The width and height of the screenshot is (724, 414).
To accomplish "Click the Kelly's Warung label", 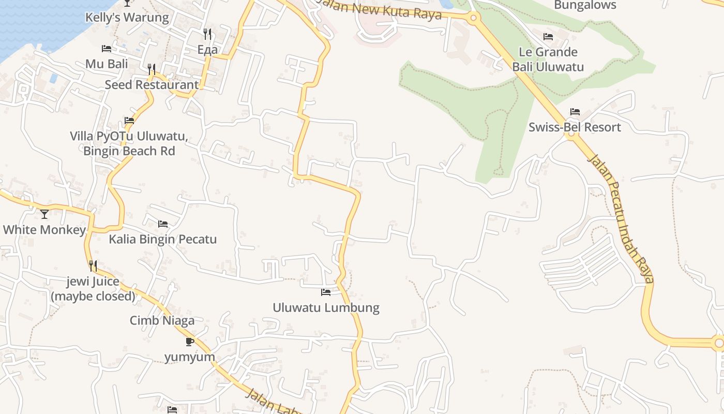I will click(127, 18).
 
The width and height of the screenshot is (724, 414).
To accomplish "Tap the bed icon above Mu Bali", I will click(107, 49).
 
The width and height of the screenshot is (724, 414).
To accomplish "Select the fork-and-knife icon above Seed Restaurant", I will click(152, 68).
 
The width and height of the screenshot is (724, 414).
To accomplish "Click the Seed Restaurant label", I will click(152, 85).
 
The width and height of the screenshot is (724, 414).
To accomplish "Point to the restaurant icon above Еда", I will click(207, 34).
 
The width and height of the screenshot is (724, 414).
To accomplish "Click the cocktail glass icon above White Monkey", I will click(44, 213).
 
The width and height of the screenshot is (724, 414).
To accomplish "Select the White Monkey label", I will click(44, 230).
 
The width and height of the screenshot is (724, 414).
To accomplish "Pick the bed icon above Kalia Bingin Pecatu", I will click(163, 224).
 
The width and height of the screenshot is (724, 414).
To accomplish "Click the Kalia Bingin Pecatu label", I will click(162, 240).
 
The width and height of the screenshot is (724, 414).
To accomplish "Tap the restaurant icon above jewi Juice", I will click(93, 266).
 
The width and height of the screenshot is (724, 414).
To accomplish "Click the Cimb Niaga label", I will click(162, 321).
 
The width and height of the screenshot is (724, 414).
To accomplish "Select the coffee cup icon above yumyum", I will click(190, 342).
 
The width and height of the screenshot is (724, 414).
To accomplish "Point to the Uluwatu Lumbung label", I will click(326, 308).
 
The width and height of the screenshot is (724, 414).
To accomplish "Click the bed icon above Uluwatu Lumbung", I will click(326, 292).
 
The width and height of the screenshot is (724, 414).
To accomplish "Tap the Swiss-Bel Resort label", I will click(575, 127).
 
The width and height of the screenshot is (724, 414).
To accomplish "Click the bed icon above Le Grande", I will click(548, 37).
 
